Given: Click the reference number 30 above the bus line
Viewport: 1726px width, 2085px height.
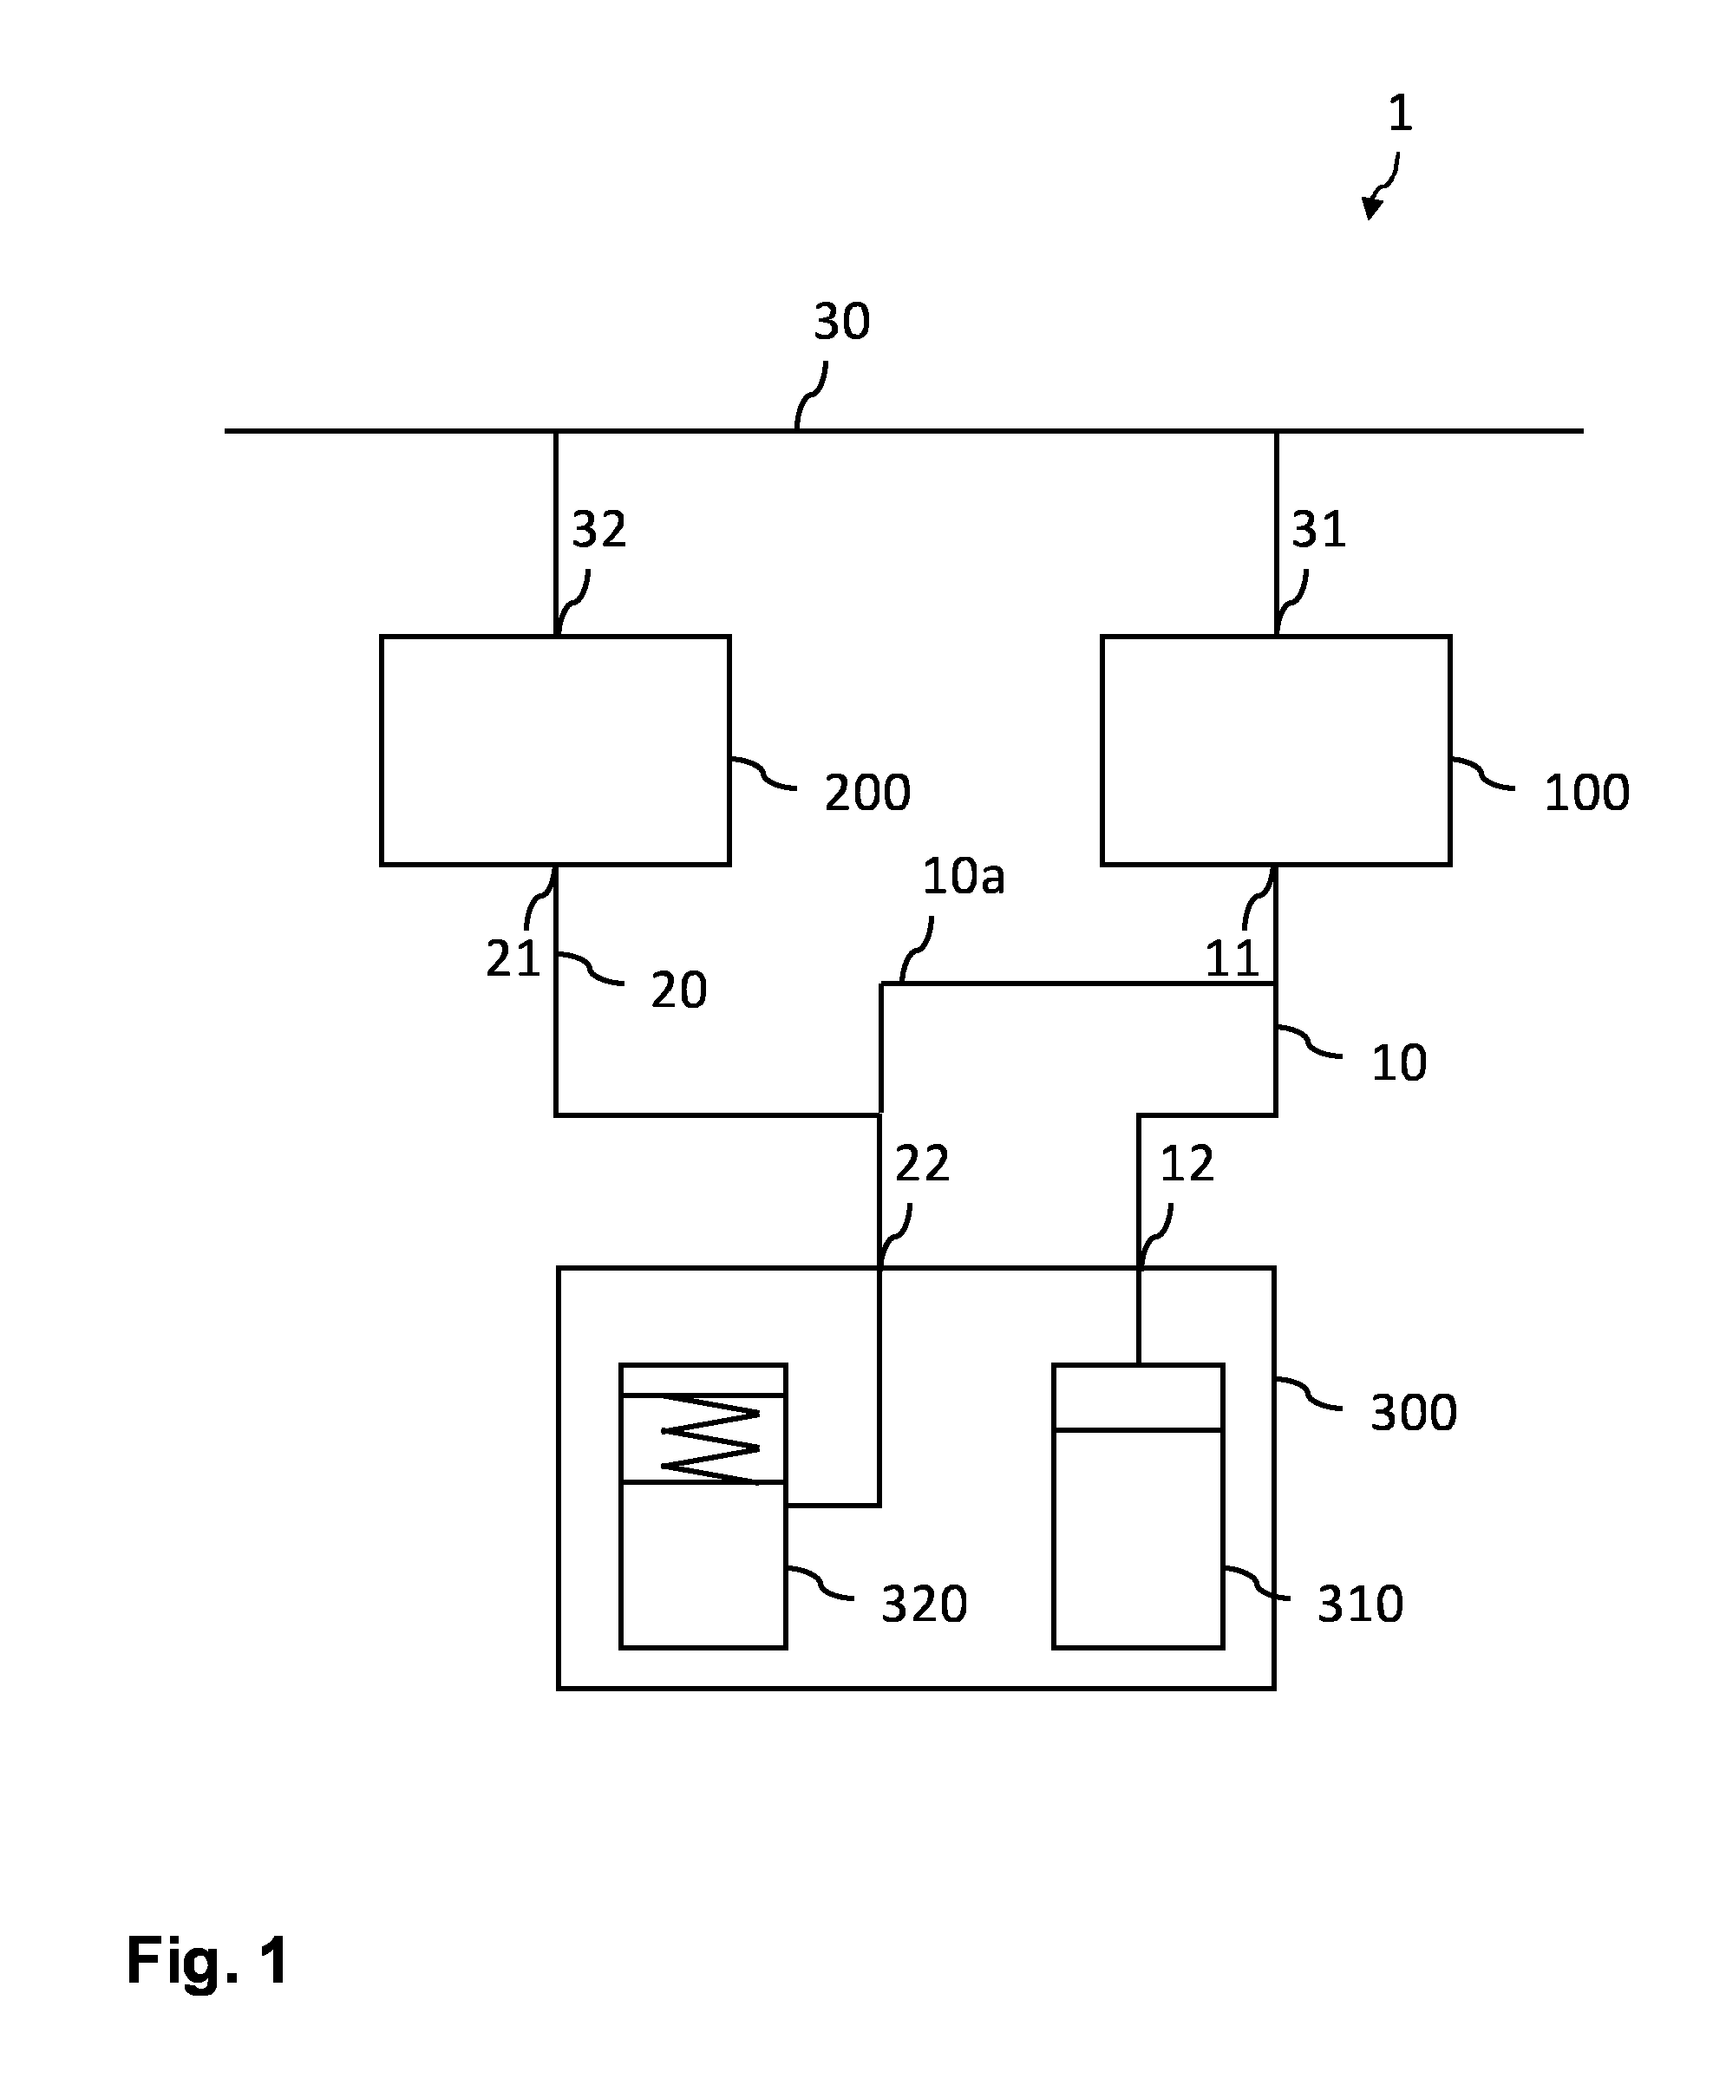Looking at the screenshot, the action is pyautogui.click(x=841, y=322).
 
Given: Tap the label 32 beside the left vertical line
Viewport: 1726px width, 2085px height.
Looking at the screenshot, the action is pyautogui.click(x=598, y=529).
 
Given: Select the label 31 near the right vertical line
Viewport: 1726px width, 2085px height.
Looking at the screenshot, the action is pyautogui.click(x=1317, y=529).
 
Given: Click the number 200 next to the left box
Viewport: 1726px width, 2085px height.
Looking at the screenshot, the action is pyautogui.click(x=867, y=793).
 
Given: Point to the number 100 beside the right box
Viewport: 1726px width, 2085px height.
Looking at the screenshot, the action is pyautogui.click(x=1586, y=793).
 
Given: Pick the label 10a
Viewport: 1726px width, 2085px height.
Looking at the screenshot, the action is pyautogui.click(x=964, y=876).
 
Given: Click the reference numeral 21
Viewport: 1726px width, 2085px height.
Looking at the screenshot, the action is pyautogui.click(x=513, y=958).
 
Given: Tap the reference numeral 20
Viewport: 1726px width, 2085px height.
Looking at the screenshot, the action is pyautogui.click(x=678, y=990).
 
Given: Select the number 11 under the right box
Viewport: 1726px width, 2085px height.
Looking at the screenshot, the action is pyautogui.click(x=1232, y=958).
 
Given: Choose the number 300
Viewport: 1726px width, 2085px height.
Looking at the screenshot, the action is pyautogui.click(x=1413, y=1412).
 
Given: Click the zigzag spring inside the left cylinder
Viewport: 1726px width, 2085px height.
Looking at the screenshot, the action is pyautogui.click(x=710, y=1439).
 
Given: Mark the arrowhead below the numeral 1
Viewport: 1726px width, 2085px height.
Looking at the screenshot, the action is pyautogui.click(x=1370, y=207).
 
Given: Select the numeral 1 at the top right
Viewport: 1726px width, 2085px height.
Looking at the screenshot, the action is pyautogui.click(x=1399, y=114).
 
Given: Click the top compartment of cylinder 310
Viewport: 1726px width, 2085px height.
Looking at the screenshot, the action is pyautogui.click(x=1138, y=1397).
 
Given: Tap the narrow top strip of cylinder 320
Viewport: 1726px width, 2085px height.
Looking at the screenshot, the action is pyautogui.click(x=703, y=1380).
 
